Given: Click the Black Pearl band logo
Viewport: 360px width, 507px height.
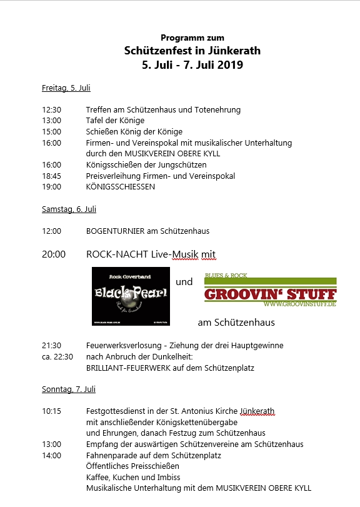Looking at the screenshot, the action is coord(131,296).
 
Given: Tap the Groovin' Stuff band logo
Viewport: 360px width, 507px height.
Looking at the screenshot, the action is coord(271,292).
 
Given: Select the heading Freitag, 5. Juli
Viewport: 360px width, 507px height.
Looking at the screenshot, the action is coord(66,88).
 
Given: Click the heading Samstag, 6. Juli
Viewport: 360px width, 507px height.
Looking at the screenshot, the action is coord(69,209).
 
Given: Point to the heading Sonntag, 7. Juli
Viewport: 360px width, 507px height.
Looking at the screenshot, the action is coord(69,389).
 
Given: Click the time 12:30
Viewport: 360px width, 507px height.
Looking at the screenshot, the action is coord(51,110).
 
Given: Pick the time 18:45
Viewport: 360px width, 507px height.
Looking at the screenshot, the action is coord(51,176).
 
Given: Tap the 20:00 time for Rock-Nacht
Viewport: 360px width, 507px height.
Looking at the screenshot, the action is coord(54,254).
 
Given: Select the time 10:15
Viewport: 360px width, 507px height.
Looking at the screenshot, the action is coord(51,411).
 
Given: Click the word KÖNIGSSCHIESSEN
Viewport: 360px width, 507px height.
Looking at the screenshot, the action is coord(121,187).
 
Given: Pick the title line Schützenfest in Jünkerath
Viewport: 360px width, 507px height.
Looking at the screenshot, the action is coord(192,51).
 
